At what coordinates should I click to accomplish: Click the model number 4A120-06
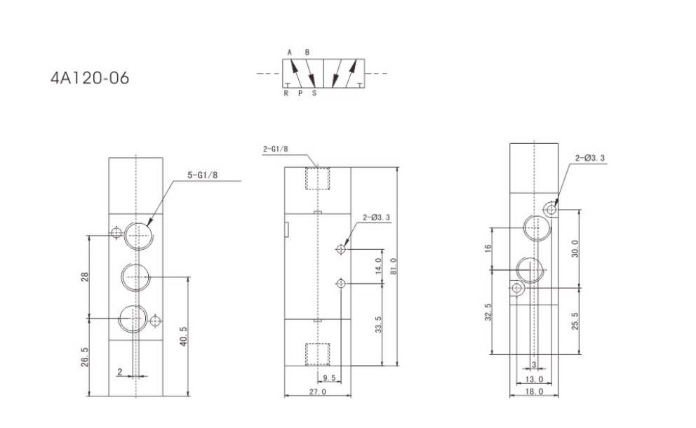[x=90, y=78]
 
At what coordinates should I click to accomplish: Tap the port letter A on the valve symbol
[x=290, y=53]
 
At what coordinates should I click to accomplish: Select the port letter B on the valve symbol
[x=307, y=53]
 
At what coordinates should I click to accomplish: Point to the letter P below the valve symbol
[x=300, y=93]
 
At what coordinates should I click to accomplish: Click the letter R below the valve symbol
[x=286, y=93]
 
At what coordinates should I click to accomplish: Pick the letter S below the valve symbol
[x=314, y=93]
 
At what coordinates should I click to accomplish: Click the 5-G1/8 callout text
[x=202, y=175]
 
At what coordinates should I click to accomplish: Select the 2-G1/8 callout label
[x=275, y=149]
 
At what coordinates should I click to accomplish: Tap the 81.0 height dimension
[x=393, y=267]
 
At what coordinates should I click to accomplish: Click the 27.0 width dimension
[x=317, y=392]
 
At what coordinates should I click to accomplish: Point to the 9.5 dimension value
[x=329, y=378]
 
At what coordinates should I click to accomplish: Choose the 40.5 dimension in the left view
[x=184, y=336]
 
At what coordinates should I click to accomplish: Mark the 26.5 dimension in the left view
[x=85, y=357]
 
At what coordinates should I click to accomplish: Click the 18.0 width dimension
[x=534, y=391]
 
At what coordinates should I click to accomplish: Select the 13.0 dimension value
[x=534, y=379]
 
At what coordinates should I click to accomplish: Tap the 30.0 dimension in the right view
[x=575, y=248]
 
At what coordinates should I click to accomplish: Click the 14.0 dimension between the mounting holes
[x=378, y=265]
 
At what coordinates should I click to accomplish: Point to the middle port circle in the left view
[x=135, y=277]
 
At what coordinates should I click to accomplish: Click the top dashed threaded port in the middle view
[x=317, y=178]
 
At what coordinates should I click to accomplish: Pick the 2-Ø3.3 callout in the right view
[x=590, y=158]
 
